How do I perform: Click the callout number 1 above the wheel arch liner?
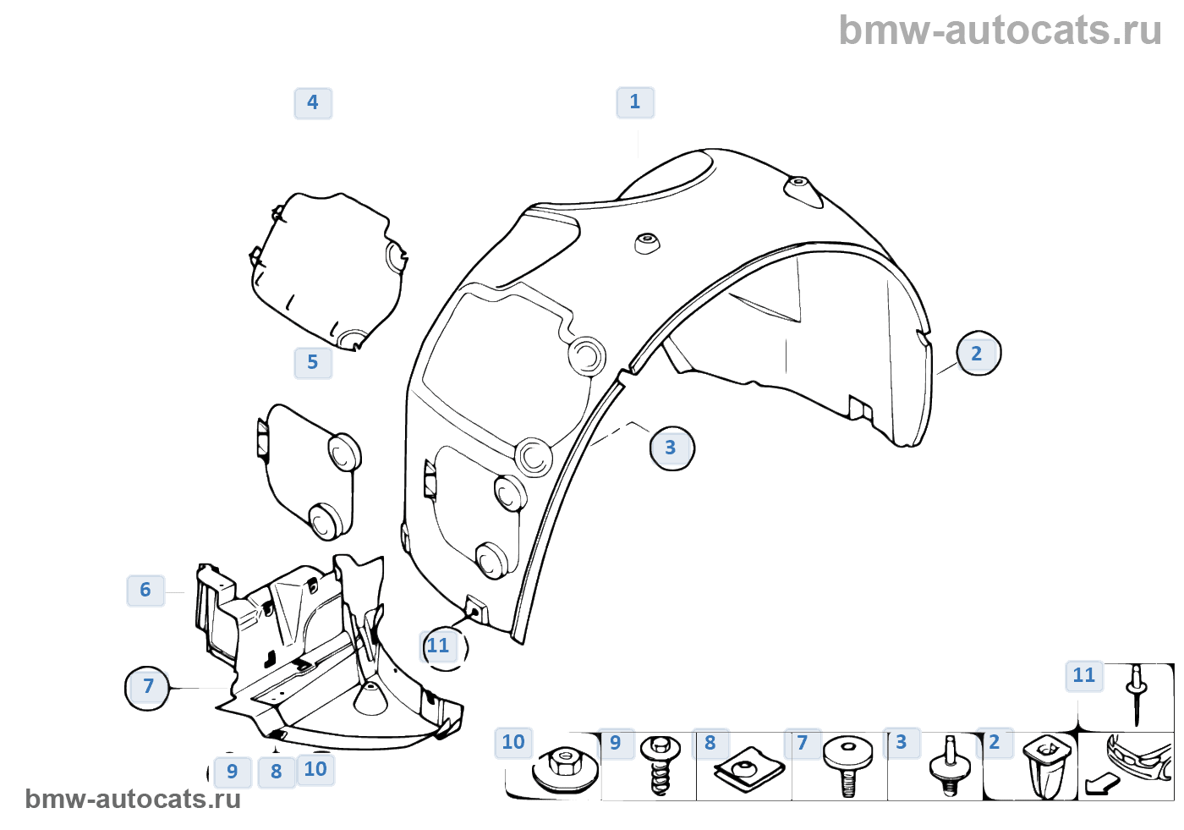pyautogui.click(x=635, y=102)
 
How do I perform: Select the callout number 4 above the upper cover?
pyautogui.click(x=313, y=103)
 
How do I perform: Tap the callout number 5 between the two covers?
pyautogui.click(x=313, y=363)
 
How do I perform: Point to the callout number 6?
pyautogui.click(x=145, y=590)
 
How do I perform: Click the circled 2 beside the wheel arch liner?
pyautogui.click(x=978, y=354)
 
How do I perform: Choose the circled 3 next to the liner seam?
pyautogui.click(x=671, y=448)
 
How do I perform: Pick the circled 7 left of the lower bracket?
pyautogui.click(x=148, y=687)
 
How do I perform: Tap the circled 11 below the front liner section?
pyautogui.click(x=440, y=646)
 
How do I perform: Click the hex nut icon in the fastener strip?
pyautogui.click(x=563, y=766)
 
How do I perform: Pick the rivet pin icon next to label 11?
pyautogui.click(x=1137, y=694)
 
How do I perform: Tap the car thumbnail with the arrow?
pyautogui.click(x=1128, y=766)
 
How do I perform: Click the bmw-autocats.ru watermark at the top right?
pyautogui.click(x=1000, y=30)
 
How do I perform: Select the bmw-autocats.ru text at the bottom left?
pyautogui.click(x=133, y=799)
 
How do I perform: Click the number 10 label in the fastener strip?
pyautogui.click(x=513, y=743)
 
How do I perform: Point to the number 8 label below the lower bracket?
pyautogui.click(x=277, y=772)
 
